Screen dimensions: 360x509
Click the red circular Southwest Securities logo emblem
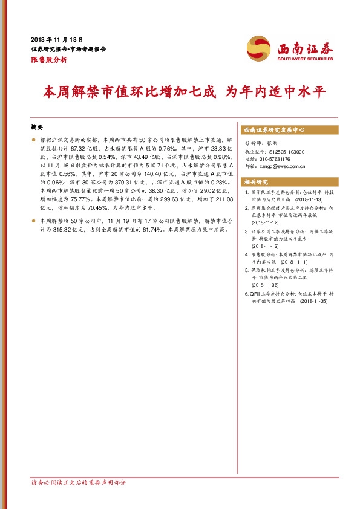pos(259,48)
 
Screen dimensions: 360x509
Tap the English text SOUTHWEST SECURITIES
pos(305,60)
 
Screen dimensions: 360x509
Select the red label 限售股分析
pos(49,60)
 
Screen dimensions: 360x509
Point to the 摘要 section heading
pos(38,128)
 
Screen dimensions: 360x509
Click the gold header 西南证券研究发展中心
pos(273,130)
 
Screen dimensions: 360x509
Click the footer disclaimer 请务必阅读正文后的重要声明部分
pos(79,482)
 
